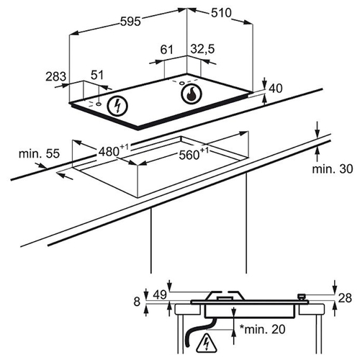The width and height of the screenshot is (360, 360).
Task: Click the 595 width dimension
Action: click(130, 22)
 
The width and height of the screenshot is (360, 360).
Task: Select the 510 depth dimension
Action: click(221, 13)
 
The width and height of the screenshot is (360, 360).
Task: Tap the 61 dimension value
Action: click(166, 50)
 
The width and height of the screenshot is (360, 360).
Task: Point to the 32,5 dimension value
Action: click(203, 49)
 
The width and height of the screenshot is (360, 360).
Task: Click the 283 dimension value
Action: click(55, 76)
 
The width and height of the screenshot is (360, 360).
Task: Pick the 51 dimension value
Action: click(97, 75)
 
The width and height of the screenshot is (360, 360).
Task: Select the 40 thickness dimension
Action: click(276, 89)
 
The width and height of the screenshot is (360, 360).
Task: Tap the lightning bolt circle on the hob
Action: click(117, 106)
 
